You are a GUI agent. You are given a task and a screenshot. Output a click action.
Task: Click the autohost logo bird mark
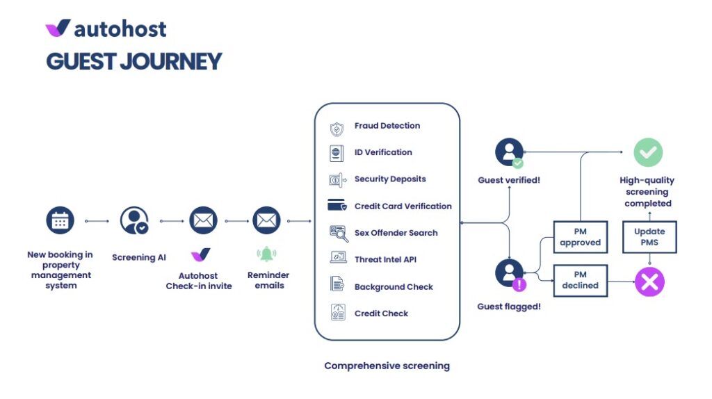click(x=58, y=28)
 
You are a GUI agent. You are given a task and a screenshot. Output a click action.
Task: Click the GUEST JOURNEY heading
click(x=133, y=61)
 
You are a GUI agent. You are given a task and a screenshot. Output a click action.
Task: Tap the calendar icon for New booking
click(x=60, y=221)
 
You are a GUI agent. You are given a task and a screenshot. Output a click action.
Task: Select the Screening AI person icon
click(x=133, y=221)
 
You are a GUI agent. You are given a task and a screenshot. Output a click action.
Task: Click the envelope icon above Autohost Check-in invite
click(x=202, y=221)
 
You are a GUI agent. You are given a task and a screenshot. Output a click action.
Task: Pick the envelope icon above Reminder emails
click(x=266, y=221)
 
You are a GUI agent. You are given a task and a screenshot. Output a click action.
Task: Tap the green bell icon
click(x=266, y=254)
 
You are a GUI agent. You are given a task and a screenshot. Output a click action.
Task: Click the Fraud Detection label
click(x=387, y=126)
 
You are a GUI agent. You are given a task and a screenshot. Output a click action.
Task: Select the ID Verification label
click(x=382, y=152)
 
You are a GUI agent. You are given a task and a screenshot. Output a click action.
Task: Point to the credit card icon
click(x=337, y=206)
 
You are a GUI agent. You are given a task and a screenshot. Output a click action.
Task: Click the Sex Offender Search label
click(x=396, y=233)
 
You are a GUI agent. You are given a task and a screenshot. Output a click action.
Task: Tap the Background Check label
click(x=393, y=286)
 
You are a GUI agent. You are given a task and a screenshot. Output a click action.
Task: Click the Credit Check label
click(x=381, y=313)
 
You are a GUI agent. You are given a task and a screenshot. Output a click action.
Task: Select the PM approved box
click(x=580, y=237)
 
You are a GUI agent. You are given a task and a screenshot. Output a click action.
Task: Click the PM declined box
click(x=580, y=280)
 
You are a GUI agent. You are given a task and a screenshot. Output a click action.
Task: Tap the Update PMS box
click(x=649, y=237)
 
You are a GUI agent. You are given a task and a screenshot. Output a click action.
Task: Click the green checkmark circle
click(x=647, y=152)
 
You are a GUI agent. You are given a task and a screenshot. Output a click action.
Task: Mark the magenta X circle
click(x=649, y=282)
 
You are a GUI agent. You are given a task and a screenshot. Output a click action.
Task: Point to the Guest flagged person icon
click(x=510, y=273)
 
